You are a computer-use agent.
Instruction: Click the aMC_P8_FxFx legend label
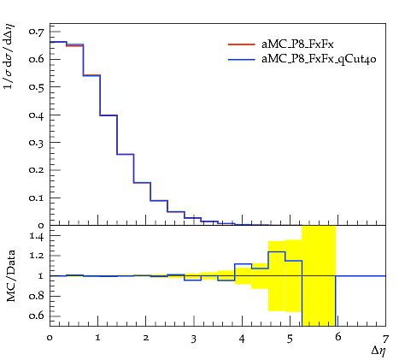[x=297, y=44]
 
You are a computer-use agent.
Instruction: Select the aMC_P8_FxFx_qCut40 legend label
[x=319, y=59]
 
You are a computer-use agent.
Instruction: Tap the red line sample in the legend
[x=241, y=44]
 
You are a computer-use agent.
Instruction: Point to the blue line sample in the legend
[x=241, y=60]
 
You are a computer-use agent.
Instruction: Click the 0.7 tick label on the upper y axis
[x=36, y=32]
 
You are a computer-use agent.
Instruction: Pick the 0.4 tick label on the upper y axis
[x=36, y=115]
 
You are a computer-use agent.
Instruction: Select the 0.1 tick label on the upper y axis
[x=36, y=198]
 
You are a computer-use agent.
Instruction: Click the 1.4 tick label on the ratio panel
[x=37, y=236]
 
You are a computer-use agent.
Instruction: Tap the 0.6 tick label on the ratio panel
[x=36, y=316]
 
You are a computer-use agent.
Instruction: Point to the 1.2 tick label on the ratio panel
[x=37, y=256]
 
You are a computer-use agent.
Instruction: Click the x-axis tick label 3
[x=194, y=339]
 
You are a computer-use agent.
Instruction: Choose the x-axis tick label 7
[x=385, y=339]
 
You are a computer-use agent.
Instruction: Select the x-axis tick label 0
[x=50, y=338]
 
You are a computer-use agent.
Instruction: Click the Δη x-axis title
[x=378, y=351]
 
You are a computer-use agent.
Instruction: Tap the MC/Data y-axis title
[x=11, y=275]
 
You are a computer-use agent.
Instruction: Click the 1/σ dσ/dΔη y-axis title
[x=9, y=57]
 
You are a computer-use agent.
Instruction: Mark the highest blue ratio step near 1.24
[x=277, y=251]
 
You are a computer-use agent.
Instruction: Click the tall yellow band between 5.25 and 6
[x=319, y=275]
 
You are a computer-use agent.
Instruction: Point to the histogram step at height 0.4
[x=109, y=115]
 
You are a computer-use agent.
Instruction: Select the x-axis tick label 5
[x=290, y=339]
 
